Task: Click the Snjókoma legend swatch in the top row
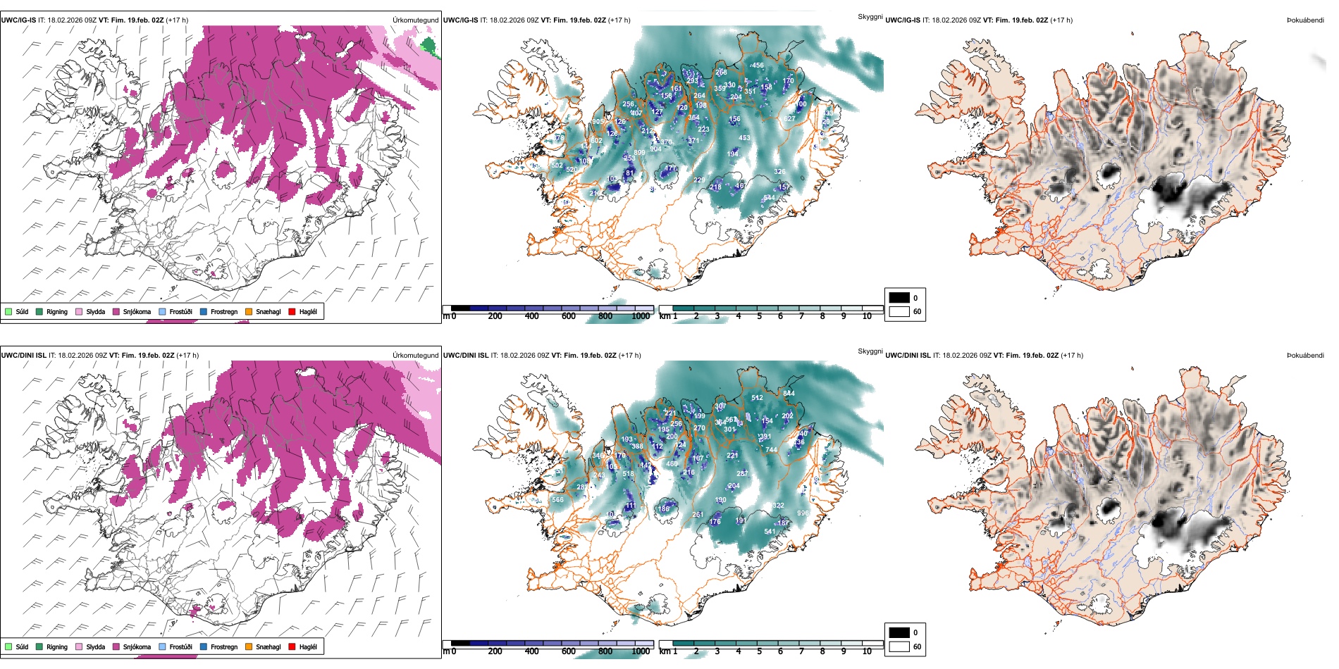pos(116,311)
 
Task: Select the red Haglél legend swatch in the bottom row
pos(292,646)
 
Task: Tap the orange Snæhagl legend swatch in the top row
pos(249,311)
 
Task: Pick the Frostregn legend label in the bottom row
pos(223,646)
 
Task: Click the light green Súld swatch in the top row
pos(8,311)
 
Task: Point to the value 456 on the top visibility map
pos(758,65)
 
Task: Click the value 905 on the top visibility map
pos(598,122)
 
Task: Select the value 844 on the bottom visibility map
pos(789,394)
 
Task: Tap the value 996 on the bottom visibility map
pos(803,513)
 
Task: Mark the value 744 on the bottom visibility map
pos(771,449)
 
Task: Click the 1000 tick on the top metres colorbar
pos(641,316)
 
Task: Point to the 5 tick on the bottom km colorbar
pos(760,651)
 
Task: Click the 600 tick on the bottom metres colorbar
pos(569,651)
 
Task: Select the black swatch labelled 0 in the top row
pos(899,297)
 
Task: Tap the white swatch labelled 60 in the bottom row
pos(899,646)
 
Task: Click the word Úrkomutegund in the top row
pos(415,20)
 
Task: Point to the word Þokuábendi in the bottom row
pos(1305,356)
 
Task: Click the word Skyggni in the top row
pos(870,16)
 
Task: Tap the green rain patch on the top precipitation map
pos(428,46)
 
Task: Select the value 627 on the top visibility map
pos(789,119)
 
